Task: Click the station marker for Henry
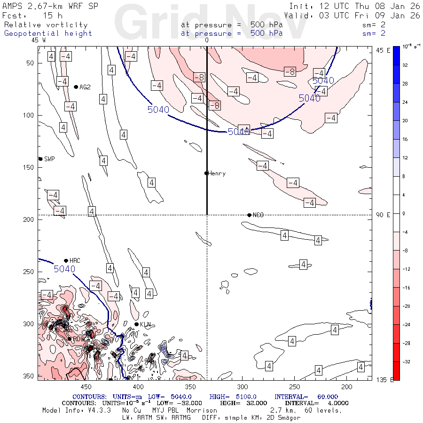click(x=206, y=173)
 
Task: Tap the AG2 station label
click(x=85, y=87)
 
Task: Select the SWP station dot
click(x=40, y=159)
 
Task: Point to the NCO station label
click(x=258, y=215)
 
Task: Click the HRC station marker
click(x=66, y=260)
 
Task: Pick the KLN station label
click(x=145, y=324)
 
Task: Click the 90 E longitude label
click(x=383, y=215)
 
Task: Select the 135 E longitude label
click(x=384, y=380)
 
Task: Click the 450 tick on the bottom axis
click(x=86, y=386)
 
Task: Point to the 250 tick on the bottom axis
click(x=294, y=386)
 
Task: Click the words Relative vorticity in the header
click(x=46, y=25)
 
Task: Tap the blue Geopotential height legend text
click(x=48, y=33)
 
